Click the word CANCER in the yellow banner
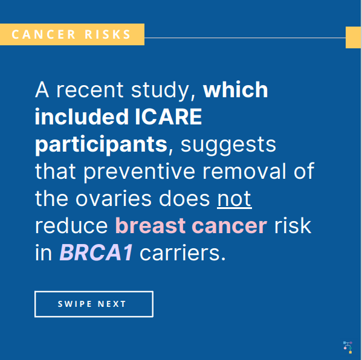pos(44,34)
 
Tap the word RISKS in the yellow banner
pos(108,34)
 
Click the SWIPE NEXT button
pos(94,304)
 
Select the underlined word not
pos(234,199)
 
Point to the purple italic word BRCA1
pos(96,253)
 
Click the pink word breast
pos(150,226)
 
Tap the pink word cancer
pos(230,226)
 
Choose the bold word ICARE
pos(169,117)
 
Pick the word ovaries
pos(114,199)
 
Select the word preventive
pos(139,172)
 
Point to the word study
pos(161,91)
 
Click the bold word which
pos(236,89)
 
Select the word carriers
pos(183,253)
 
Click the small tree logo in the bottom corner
pos(348,347)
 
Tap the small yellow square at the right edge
pos(353,37)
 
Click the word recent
pos(90,90)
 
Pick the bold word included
pos(82,117)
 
